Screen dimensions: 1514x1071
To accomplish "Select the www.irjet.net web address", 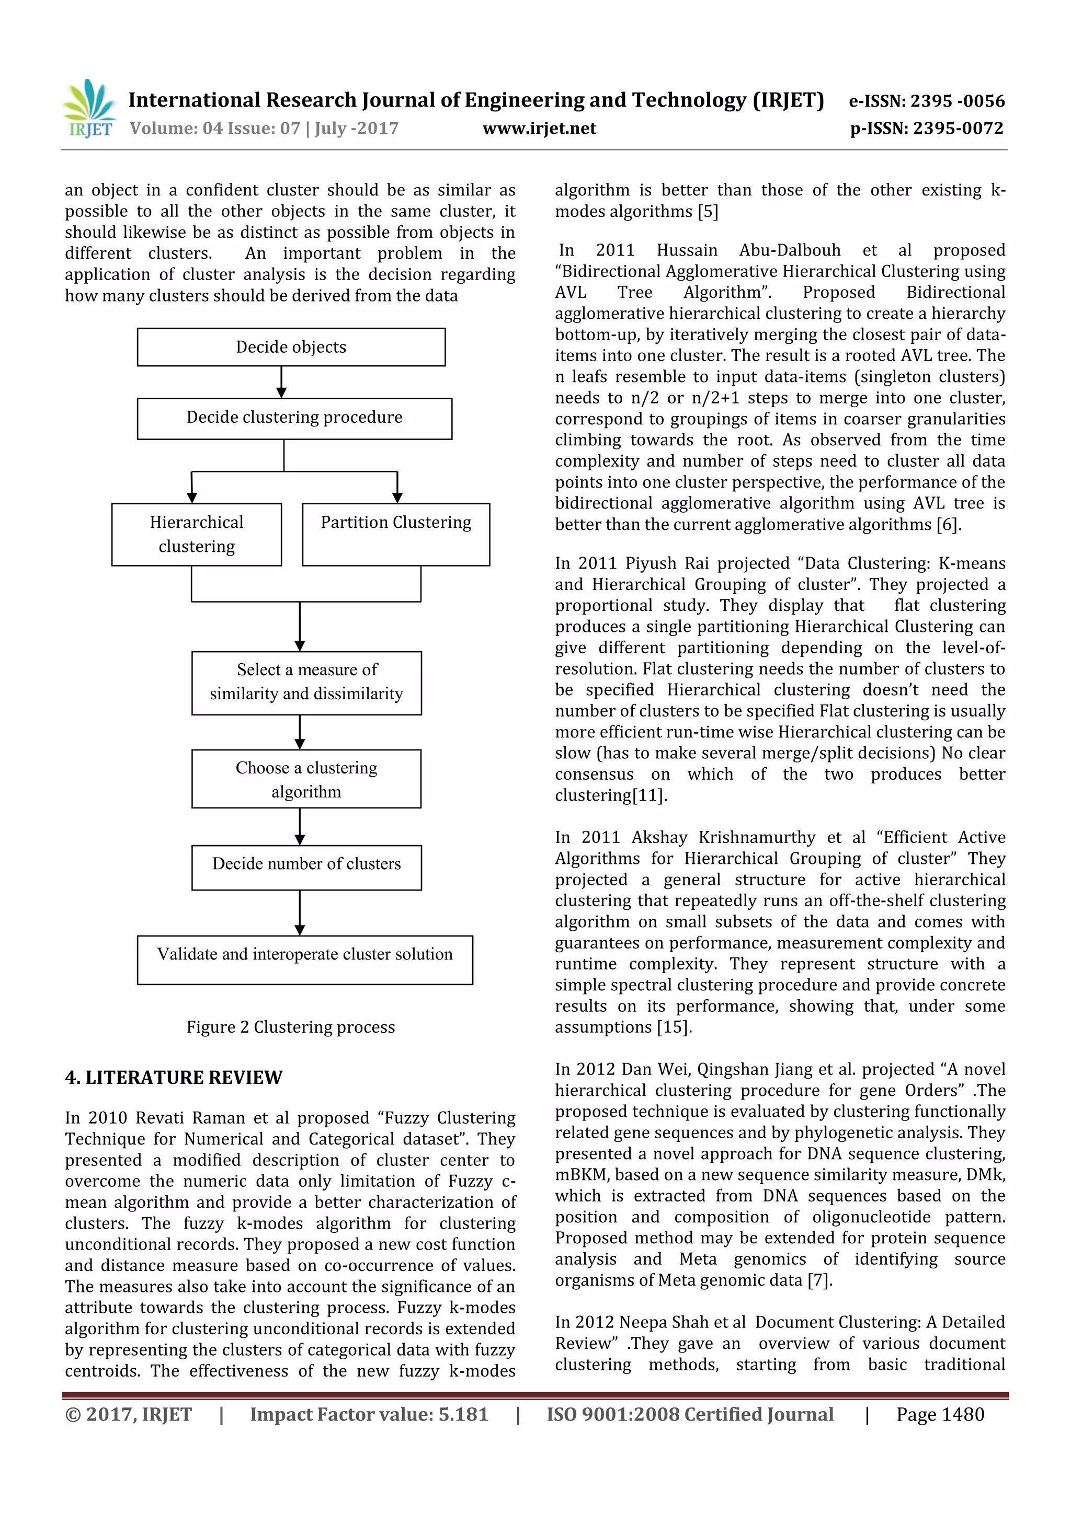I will (x=539, y=128).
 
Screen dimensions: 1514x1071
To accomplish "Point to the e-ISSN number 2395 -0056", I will (x=957, y=101).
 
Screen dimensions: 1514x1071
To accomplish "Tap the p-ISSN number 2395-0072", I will (x=958, y=128).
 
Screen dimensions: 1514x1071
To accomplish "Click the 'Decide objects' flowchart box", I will (x=291, y=347).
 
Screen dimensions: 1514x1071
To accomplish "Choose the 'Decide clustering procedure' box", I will (x=294, y=418).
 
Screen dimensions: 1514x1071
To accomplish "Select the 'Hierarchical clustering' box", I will (x=197, y=534).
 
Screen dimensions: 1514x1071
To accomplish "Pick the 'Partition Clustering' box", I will (x=396, y=534).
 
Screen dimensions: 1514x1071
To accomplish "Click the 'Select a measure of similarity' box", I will (x=306, y=683).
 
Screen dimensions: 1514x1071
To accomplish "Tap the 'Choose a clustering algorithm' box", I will (x=306, y=779).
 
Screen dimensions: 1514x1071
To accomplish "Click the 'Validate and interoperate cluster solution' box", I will (x=305, y=960).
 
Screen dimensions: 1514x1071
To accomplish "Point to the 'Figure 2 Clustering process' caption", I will (x=290, y=1027).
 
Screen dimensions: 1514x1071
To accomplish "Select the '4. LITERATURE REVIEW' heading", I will (x=174, y=1078).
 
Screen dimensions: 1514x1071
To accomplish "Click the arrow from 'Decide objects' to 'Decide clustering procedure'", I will (x=282, y=383).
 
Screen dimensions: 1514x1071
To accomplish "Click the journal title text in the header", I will (x=476, y=100).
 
